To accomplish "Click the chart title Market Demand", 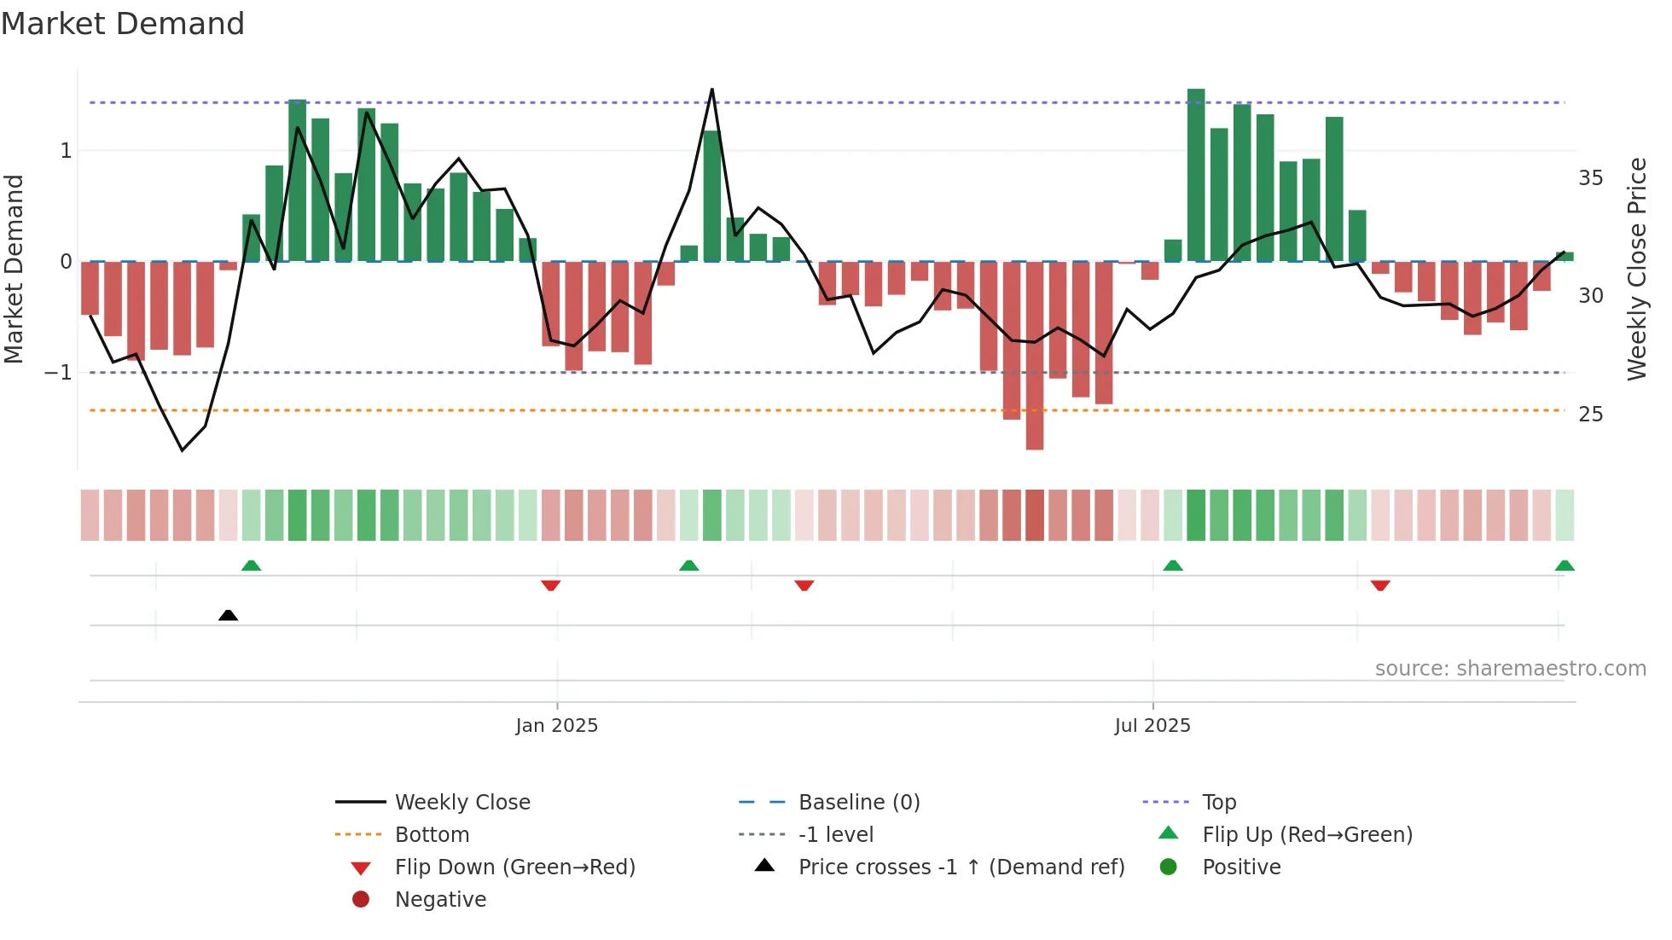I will click(123, 24).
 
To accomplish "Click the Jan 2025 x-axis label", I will click(556, 726).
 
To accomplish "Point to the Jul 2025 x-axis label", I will click(1152, 726).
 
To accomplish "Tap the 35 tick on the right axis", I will click(1590, 178).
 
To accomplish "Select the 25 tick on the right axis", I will click(1590, 415).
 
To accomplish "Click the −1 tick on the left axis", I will click(58, 373).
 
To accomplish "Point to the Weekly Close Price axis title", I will click(1636, 269).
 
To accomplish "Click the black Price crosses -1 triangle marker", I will click(228, 615).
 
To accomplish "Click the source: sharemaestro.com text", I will click(1510, 669).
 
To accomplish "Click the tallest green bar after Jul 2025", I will click(1196, 175).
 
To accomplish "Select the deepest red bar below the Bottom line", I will click(1035, 355).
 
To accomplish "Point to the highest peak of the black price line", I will click(712, 90).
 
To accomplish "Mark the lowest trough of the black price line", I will click(182, 450).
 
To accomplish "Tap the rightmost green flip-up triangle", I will click(1564, 566).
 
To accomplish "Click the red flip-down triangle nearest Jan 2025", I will click(550, 585).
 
